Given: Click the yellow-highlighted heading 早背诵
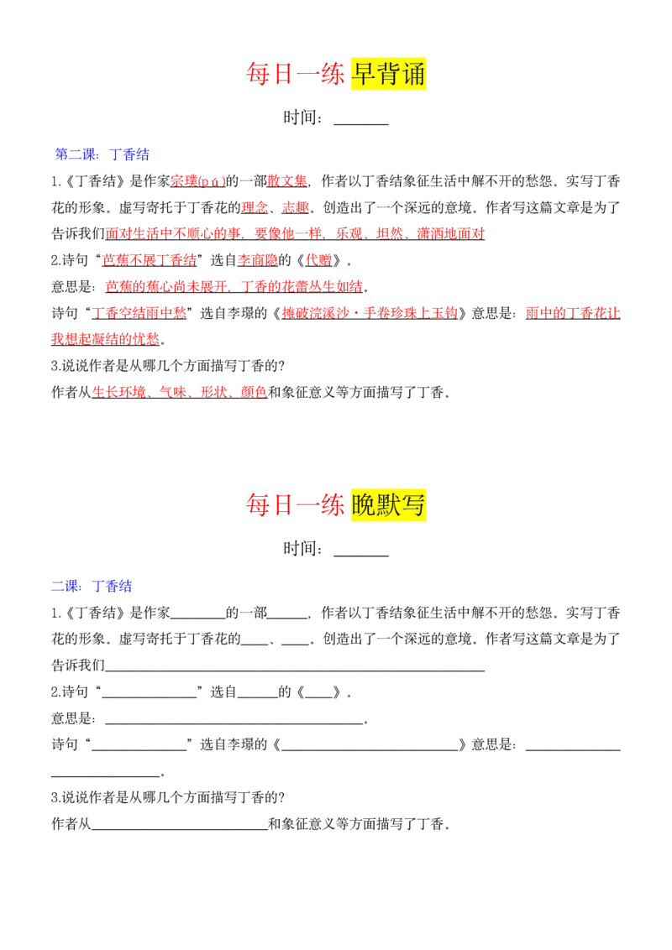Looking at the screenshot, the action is click(x=388, y=74).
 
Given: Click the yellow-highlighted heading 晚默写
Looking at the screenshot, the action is click(x=388, y=504).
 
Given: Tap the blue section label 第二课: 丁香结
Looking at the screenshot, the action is click(x=102, y=154).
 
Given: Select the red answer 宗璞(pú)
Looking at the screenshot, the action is click(x=197, y=181).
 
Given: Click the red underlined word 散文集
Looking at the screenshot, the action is click(x=287, y=181).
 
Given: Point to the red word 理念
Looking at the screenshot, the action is click(x=255, y=208).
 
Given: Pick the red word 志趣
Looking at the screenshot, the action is click(x=296, y=208).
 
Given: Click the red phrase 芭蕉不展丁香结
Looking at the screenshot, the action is click(x=150, y=260).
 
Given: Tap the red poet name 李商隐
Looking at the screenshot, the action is click(x=258, y=260).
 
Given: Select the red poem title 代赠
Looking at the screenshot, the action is click(x=318, y=260).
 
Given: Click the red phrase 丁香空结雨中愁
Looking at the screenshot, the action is click(x=139, y=313).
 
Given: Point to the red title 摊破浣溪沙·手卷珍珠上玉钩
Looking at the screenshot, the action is click(x=370, y=313).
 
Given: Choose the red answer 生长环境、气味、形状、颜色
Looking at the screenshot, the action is click(x=180, y=393).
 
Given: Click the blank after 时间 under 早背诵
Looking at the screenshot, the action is click(x=361, y=124).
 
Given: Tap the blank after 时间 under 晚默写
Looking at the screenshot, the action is click(x=361, y=555).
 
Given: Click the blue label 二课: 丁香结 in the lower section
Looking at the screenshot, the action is click(x=92, y=586).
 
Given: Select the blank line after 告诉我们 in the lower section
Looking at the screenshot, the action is click(x=295, y=671).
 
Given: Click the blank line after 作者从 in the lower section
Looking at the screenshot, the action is click(x=180, y=829).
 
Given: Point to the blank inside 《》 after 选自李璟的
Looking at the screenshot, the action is click(x=370, y=750).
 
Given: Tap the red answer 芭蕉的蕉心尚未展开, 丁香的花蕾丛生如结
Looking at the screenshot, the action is click(x=234, y=286).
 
